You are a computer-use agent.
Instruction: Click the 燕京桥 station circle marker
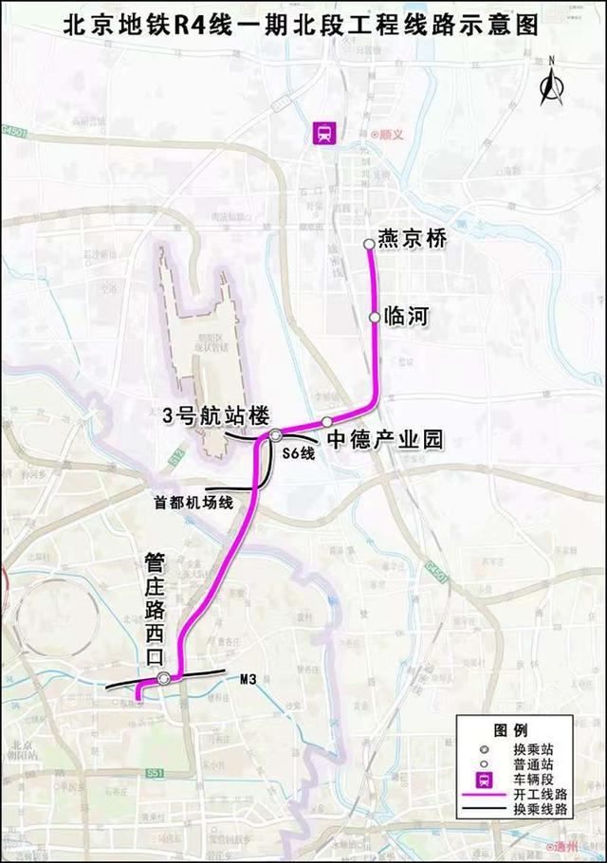pos(370,244)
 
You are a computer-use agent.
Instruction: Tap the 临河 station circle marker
pos(375,318)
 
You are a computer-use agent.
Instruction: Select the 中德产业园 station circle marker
pos(327,421)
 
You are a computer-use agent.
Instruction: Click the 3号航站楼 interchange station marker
pos(275,435)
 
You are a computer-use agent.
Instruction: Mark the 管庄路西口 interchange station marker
pos(164,678)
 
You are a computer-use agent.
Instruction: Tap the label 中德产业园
pos(384,440)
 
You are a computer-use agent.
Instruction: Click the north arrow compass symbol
pos(550,83)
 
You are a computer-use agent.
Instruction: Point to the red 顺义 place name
pos(389,135)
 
